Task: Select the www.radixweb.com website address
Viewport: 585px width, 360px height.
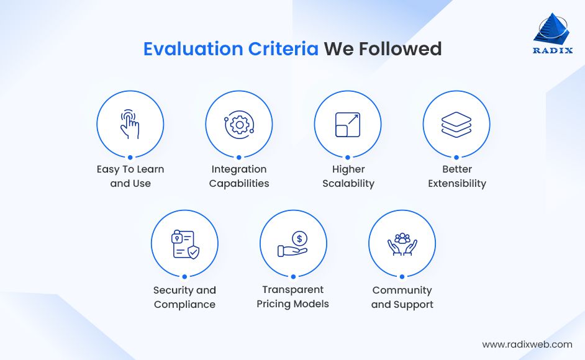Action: pyautogui.click(x=527, y=344)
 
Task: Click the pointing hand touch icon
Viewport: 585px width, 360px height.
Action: pyautogui.click(x=130, y=124)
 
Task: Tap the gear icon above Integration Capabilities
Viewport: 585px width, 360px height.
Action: pyautogui.click(x=238, y=124)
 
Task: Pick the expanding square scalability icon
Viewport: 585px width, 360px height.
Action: pyautogui.click(x=347, y=124)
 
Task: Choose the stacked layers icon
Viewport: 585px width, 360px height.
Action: pyautogui.click(x=456, y=124)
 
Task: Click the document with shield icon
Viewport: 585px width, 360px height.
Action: pyautogui.click(x=184, y=244)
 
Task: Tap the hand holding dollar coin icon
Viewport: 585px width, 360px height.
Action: pyautogui.click(x=293, y=244)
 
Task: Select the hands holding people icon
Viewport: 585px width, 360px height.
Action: pyautogui.click(x=402, y=244)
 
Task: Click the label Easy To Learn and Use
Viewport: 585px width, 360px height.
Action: pyautogui.click(x=130, y=176)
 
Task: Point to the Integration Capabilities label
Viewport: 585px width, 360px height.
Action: pyautogui.click(x=239, y=176)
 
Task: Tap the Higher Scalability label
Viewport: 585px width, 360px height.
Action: pyautogui.click(x=348, y=176)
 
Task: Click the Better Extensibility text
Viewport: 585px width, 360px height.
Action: pyautogui.click(x=457, y=176)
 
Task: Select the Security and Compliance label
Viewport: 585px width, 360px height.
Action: pyautogui.click(x=184, y=297)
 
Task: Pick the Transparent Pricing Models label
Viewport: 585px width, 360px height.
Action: pyautogui.click(x=293, y=297)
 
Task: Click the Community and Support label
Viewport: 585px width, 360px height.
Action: pyautogui.click(x=402, y=297)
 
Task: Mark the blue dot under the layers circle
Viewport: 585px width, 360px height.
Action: pyautogui.click(x=456, y=158)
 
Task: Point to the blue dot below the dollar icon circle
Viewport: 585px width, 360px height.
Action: pyautogui.click(x=293, y=277)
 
